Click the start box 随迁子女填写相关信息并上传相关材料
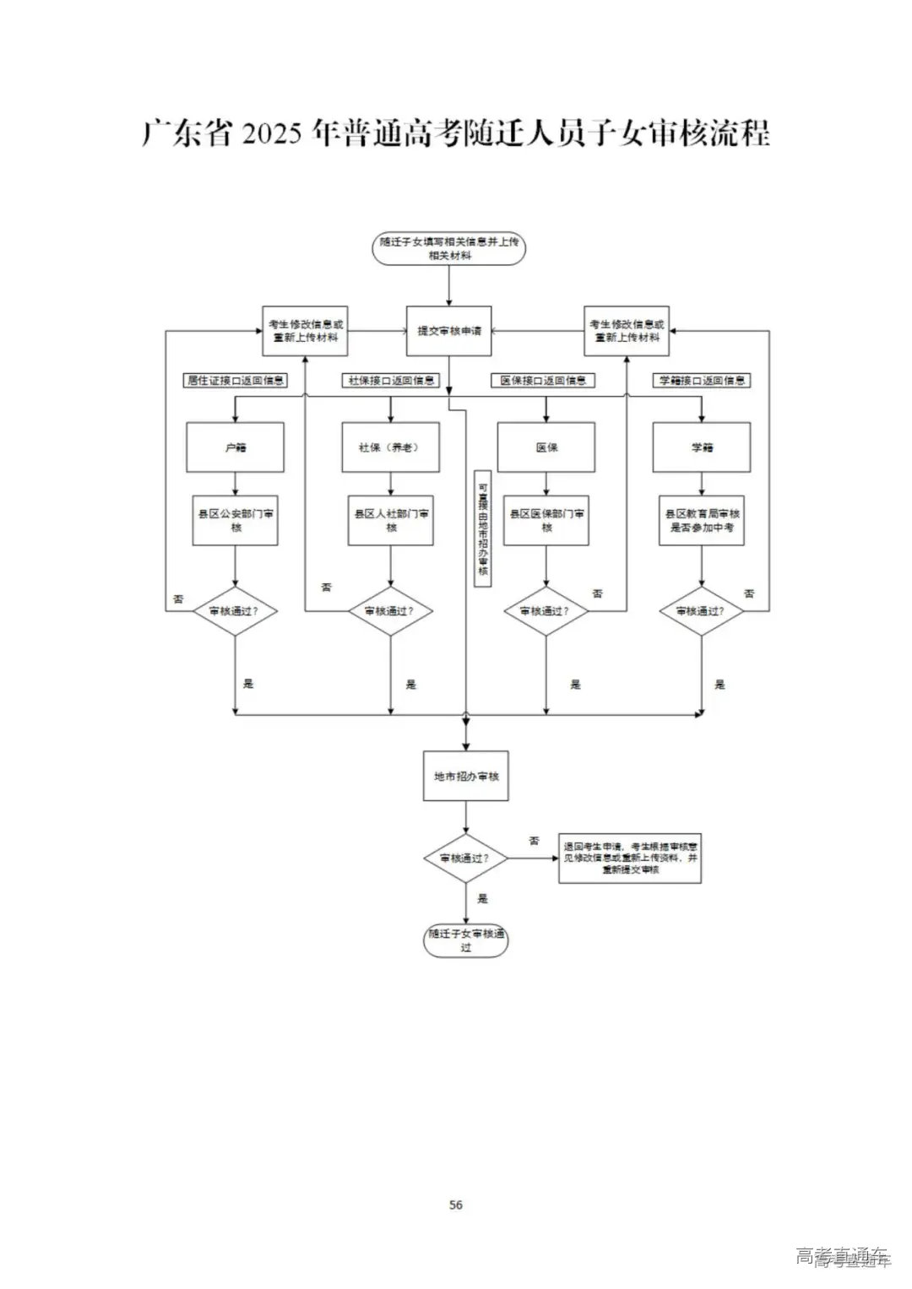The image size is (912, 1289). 448,248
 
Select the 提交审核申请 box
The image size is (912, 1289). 448,331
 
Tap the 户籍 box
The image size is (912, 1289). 235,447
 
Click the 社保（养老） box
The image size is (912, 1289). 390,447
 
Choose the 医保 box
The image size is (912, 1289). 546,447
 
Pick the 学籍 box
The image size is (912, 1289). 702,447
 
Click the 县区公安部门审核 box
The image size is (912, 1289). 235,520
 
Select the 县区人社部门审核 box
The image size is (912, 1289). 390,520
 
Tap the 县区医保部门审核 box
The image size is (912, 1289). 546,520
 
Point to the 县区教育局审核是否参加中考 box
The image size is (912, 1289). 702,520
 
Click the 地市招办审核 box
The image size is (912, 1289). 465,776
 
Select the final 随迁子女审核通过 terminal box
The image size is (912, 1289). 465,940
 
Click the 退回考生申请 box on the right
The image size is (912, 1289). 630,858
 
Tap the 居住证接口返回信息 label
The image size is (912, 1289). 236,381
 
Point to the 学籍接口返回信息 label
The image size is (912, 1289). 702,381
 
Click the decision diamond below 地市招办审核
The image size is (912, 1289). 465,858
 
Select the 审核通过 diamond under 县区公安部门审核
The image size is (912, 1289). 235,610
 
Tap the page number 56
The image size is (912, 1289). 456,1205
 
